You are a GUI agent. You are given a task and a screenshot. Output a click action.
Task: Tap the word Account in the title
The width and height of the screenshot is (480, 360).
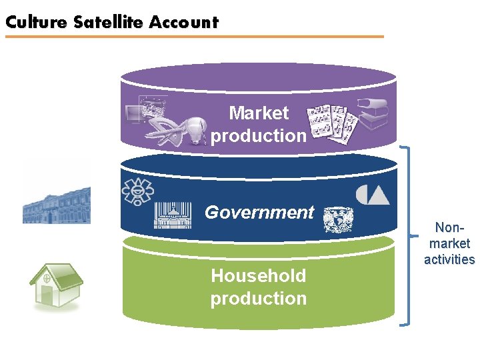pos(184,22)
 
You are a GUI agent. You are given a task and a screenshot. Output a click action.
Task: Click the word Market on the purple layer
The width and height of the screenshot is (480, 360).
pos(259,113)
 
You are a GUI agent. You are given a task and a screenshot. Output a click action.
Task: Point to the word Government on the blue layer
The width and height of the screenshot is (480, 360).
pos(259,212)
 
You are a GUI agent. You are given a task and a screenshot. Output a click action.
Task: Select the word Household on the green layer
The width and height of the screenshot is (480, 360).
pos(259,276)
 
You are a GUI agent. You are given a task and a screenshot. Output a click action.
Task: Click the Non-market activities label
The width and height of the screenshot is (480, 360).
pos(449,243)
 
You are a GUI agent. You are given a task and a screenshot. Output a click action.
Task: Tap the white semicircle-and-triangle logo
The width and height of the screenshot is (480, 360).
pos(372,194)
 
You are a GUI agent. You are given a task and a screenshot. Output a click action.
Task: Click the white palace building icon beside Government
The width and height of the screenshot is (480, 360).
pos(172,215)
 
